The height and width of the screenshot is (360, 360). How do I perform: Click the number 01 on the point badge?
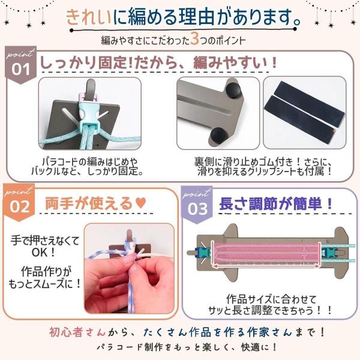point(20,70)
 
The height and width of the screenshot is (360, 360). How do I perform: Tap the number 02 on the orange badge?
point(20,206)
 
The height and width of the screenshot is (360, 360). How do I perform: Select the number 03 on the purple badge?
point(197,209)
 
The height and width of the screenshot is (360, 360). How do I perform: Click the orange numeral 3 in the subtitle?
point(194,39)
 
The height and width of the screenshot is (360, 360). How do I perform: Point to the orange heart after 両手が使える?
point(140,203)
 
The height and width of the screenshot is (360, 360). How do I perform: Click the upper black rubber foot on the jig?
point(233,90)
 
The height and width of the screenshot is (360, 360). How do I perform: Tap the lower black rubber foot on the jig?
point(218,136)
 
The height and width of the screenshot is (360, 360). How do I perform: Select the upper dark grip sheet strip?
point(310,101)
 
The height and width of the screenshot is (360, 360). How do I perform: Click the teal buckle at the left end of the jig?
point(203,253)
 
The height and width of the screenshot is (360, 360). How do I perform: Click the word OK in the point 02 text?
point(40,253)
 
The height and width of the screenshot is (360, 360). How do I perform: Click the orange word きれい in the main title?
point(89,17)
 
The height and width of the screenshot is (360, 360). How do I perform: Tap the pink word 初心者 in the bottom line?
point(65,332)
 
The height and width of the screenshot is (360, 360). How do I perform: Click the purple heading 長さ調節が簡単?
point(271,203)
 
